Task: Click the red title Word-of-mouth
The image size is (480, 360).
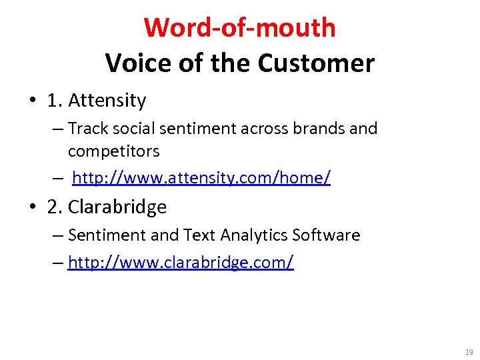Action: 239,28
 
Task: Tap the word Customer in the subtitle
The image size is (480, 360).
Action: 316,63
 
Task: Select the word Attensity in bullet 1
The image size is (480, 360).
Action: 107,101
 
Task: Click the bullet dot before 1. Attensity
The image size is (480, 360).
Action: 32,101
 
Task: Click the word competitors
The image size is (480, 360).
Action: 113,151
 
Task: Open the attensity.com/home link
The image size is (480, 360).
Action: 201,178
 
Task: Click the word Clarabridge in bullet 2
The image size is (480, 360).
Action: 117,207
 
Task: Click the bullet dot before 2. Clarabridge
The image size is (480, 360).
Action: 32,208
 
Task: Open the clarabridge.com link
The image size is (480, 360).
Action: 180,263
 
